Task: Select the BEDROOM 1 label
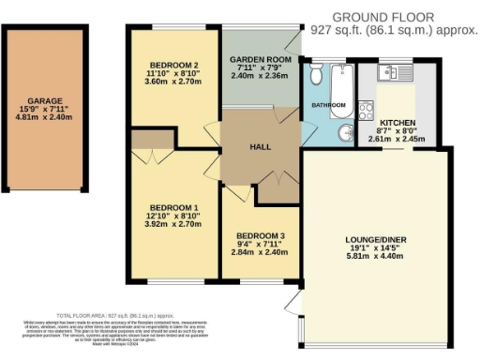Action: [x=169, y=207]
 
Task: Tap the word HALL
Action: [x=260, y=146]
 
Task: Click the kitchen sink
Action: [x=387, y=71]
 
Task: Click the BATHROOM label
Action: [x=329, y=105]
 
